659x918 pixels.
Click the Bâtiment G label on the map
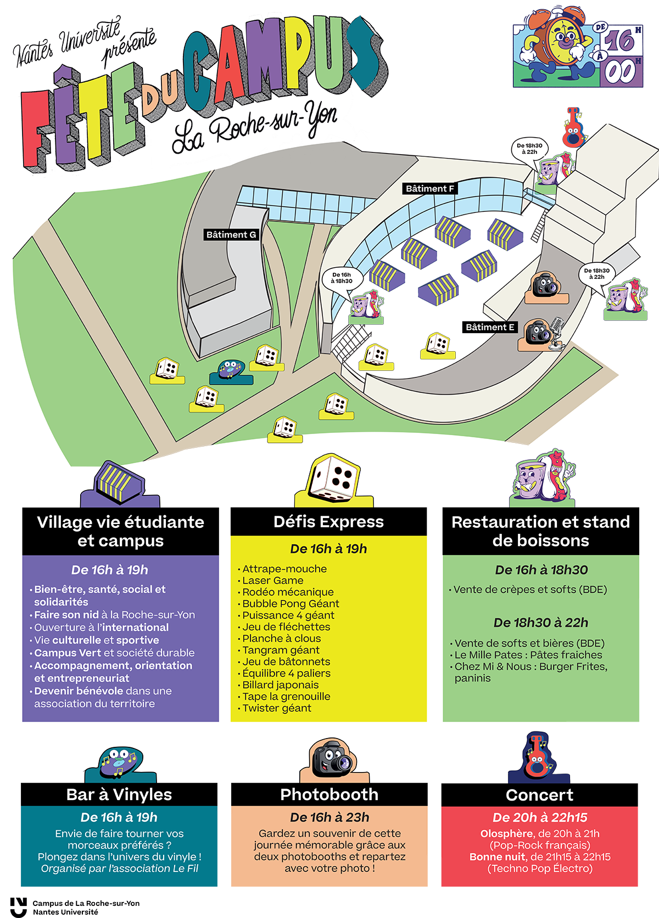click(x=231, y=235)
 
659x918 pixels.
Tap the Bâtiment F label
click(x=429, y=189)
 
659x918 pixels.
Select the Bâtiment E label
click(x=490, y=328)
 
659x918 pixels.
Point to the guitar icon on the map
click(x=573, y=127)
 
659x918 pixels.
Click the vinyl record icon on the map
click(x=231, y=370)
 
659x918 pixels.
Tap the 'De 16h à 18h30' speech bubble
click(x=342, y=278)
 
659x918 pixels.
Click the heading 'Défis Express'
click(x=328, y=522)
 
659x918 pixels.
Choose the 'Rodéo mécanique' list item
click(x=288, y=592)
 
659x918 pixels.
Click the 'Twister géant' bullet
click(x=277, y=708)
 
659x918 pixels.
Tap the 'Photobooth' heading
click(x=329, y=795)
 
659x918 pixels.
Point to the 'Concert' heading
click(x=540, y=795)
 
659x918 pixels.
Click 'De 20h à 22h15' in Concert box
click(x=540, y=818)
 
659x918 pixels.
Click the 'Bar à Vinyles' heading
click(x=119, y=795)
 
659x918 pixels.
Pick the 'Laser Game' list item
click(x=272, y=581)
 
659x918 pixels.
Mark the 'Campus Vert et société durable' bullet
click(x=114, y=653)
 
